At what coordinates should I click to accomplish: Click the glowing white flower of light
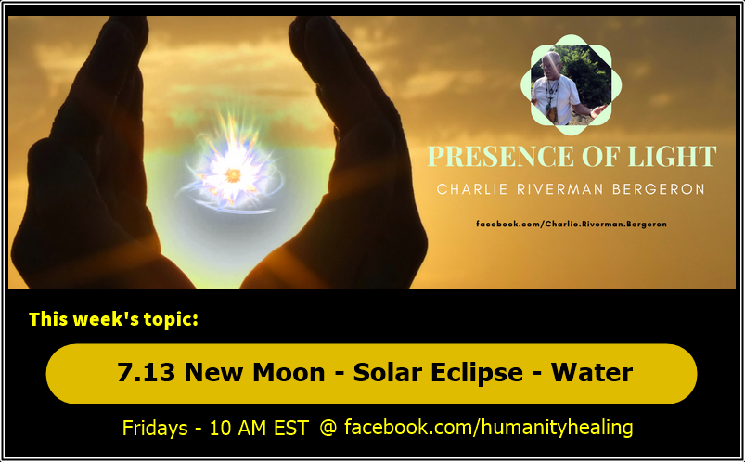click(231, 173)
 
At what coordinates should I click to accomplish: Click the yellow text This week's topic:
click(113, 320)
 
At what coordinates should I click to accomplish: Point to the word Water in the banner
click(592, 373)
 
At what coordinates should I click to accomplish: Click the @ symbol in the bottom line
click(328, 428)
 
